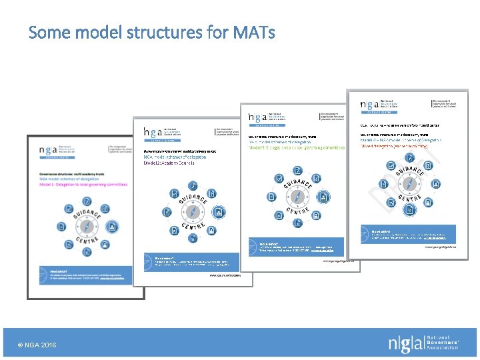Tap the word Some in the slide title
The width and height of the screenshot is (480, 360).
tap(50, 31)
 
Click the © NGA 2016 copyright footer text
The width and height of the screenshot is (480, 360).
tap(37, 345)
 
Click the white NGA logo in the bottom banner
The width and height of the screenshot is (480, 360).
tap(423, 343)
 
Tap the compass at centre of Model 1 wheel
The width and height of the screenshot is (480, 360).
tap(87, 227)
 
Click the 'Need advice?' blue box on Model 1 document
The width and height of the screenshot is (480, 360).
tap(79, 275)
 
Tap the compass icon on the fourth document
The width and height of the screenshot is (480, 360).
tap(409, 183)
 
